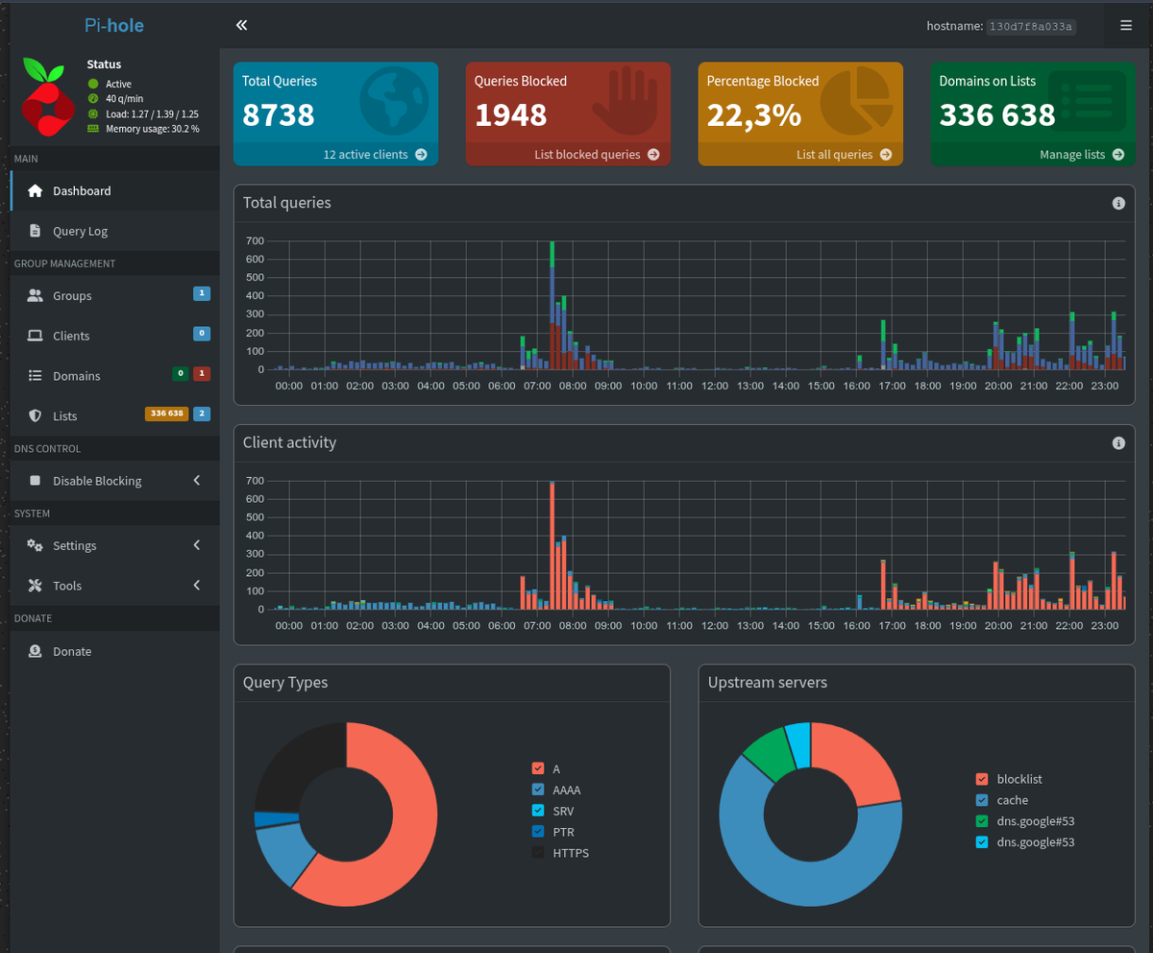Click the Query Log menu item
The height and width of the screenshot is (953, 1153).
coord(80,231)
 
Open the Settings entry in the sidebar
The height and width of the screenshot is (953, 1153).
coord(75,545)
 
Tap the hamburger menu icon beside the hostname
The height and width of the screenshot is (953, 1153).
coord(1126,25)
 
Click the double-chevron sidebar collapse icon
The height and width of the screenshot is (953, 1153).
coord(242,25)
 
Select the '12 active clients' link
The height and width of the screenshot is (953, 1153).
coord(375,155)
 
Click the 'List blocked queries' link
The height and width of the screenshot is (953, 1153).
coord(597,155)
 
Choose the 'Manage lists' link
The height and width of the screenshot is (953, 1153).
coord(1082,155)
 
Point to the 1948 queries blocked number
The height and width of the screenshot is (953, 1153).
coord(511,115)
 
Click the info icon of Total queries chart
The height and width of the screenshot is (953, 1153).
coord(1118,204)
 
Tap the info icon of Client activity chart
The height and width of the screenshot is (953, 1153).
coord(1118,443)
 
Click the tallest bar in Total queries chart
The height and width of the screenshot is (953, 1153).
coord(552,305)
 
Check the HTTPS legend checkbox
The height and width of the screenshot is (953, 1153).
coord(538,852)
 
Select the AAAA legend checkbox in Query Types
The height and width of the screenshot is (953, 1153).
coord(538,790)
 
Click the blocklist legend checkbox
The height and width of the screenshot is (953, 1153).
coord(982,779)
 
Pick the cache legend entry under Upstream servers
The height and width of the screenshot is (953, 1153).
coord(1012,800)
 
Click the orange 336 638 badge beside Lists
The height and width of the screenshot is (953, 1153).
coord(167,414)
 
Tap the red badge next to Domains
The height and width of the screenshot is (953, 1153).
coord(202,374)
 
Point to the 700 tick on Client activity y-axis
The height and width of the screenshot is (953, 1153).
coord(256,481)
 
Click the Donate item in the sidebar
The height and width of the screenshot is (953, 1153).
coord(72,651)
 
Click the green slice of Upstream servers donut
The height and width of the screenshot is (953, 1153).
coord(769,753)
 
